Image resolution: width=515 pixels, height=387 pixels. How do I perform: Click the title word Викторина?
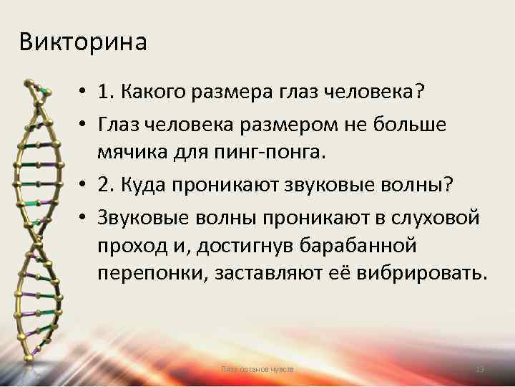tap(83, 42)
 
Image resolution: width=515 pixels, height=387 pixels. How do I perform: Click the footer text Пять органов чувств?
tap(257, 369)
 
